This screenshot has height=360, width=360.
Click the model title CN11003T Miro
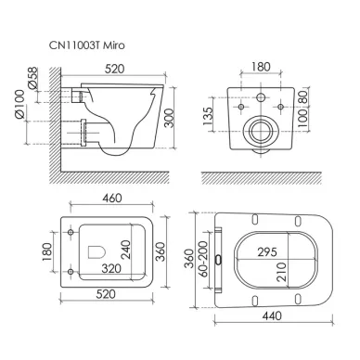tap(87, 45)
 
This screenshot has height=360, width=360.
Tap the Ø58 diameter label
tap(32, 78)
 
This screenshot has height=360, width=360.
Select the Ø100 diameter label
tap(19, 104)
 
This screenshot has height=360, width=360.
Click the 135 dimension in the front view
tap(208, 116)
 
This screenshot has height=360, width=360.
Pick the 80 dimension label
tap(303, 96)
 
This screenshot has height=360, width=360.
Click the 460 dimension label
tap(111, 198)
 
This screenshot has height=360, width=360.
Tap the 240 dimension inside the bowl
tap(125, 250)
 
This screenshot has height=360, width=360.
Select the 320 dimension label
tap(111, 268)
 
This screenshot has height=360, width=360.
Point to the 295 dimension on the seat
tap(267, 252)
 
